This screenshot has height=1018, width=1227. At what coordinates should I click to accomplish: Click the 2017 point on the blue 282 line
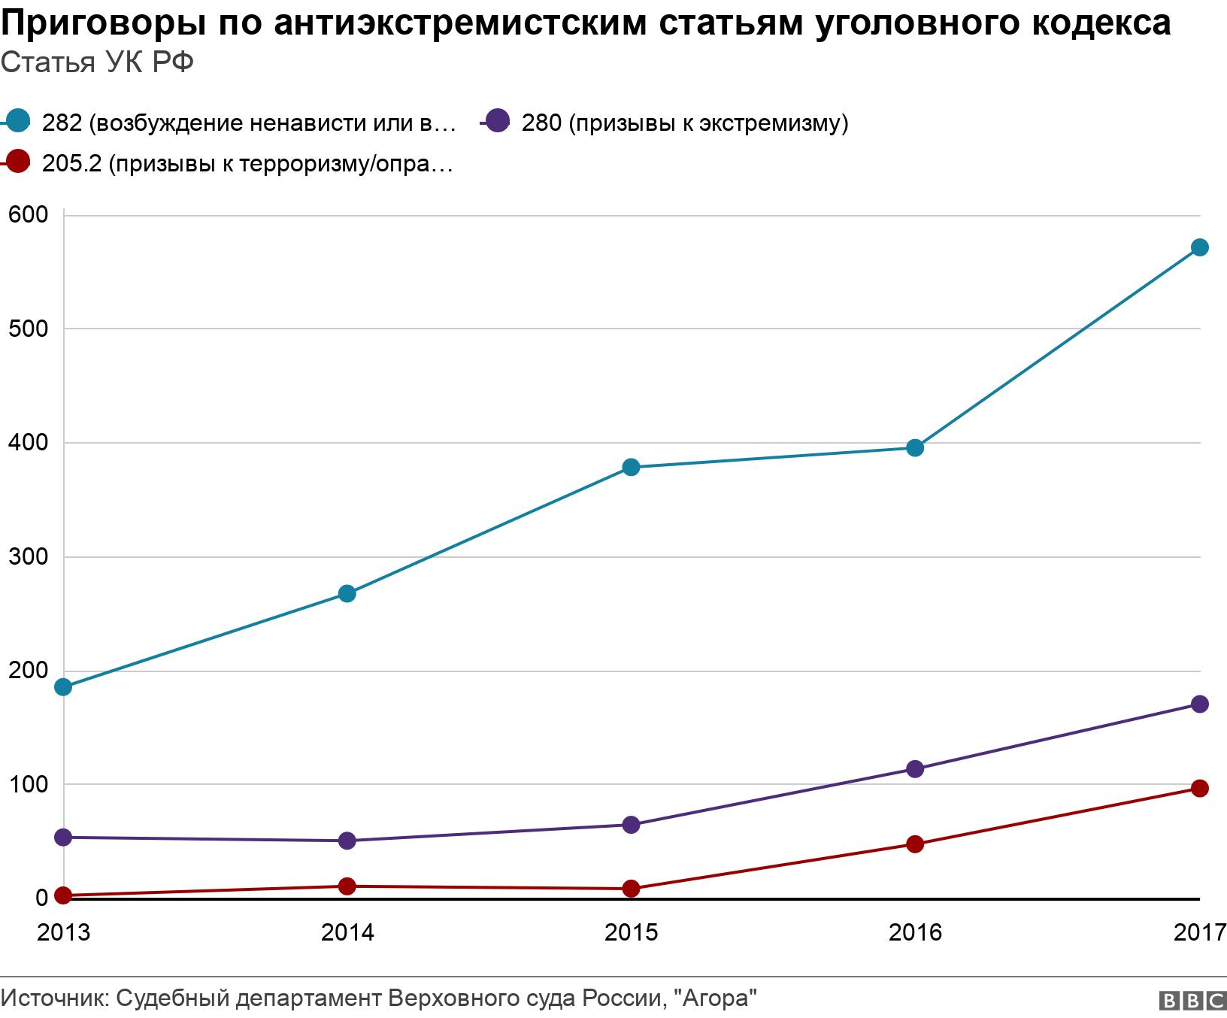click(x=1200, y=247)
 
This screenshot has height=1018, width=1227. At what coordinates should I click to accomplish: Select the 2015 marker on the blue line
click(x=632, y=467)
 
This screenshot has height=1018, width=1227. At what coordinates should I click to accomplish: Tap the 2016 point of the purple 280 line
click(x=915, y=768)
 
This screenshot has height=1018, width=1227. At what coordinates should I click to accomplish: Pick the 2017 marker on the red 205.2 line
click(x=1200, y=788)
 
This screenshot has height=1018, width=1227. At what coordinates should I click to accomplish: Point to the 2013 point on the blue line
click(x=64, y=686)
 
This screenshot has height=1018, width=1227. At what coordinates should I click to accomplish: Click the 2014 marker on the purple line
click(x=347, y=841)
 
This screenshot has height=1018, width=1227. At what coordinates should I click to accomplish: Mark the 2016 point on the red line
click(x=915, y=844)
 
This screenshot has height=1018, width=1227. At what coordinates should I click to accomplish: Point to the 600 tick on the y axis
click(x=29, y=215)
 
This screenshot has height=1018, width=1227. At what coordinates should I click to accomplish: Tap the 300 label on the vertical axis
click(x=29, y=557)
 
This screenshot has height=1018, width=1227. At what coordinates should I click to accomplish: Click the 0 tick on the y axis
click(x=41, y=898)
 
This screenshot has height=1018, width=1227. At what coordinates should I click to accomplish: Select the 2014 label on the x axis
click(x=347, y=932)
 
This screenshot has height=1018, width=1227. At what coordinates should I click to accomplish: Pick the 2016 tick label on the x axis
click(x=915, y=932)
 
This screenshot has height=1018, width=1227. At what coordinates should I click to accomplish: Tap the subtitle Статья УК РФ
click(x=97, y=62)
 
